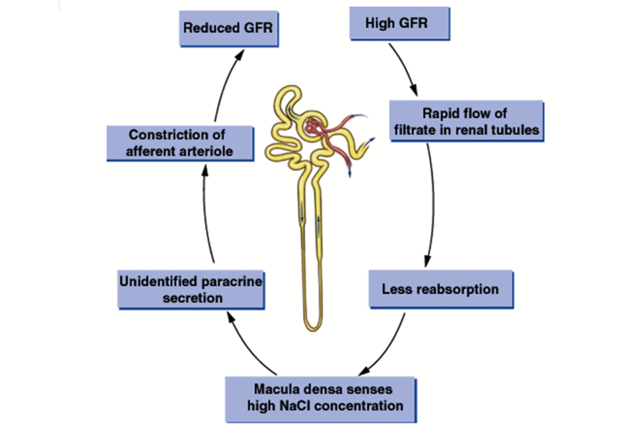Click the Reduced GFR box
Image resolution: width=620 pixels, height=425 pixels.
click(229, 28)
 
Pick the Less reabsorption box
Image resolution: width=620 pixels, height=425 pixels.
click(440, 289)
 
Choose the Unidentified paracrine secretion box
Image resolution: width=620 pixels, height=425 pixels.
click(190, 289)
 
